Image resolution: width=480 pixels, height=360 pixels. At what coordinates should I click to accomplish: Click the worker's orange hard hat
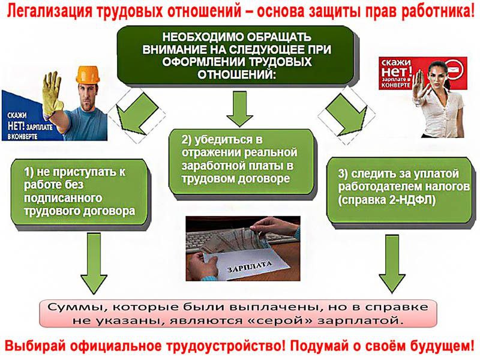88,74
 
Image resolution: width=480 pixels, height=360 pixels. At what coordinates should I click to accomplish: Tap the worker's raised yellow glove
53,93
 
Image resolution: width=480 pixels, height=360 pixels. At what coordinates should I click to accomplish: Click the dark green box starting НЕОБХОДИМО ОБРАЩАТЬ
236,55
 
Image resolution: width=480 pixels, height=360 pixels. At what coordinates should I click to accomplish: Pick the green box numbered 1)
79,192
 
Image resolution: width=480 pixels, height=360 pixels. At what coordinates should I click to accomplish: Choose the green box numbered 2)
242,161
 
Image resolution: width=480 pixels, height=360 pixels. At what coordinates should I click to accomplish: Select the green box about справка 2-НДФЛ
400,190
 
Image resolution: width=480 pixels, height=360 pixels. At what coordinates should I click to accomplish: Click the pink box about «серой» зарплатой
238,313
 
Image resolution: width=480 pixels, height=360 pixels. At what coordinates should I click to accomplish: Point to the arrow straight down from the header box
239,109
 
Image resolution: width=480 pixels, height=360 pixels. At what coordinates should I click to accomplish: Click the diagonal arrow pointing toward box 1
137,114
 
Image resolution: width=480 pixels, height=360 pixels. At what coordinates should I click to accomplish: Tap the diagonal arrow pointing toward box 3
347,114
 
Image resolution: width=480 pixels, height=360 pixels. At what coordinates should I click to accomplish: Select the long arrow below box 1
94,263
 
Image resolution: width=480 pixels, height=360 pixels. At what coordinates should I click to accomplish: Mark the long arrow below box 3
392,264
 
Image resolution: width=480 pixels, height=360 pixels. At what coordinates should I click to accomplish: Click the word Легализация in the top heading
50,11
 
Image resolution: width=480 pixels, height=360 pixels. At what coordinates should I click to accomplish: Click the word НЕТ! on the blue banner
17,127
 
